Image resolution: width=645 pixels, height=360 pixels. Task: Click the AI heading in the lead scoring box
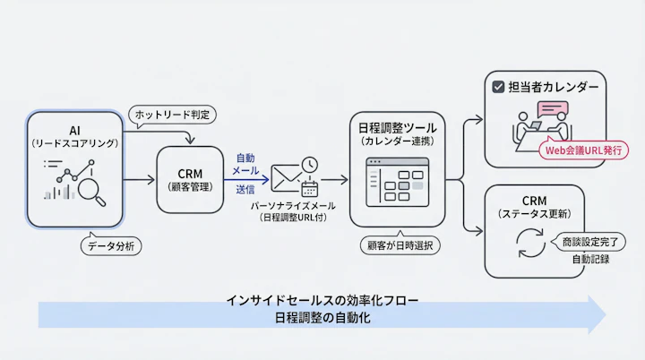74,130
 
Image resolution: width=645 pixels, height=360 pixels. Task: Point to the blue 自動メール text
246,163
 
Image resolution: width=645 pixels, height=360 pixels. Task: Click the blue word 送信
246,190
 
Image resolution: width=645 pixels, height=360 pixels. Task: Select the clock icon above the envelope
309,165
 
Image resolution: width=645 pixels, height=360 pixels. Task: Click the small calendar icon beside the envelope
310,189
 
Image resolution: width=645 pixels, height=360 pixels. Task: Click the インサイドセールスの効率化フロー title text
322,300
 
